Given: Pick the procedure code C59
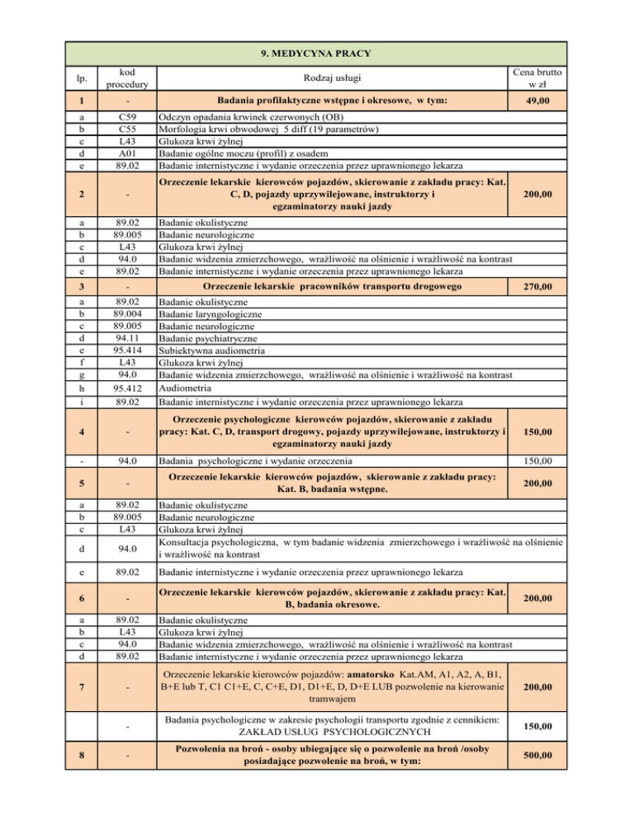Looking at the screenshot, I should click(128, 117).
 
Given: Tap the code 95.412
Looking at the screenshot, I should click(128, 388).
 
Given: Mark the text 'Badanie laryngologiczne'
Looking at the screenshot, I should click(211, 314).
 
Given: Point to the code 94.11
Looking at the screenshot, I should click(128, 337).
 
